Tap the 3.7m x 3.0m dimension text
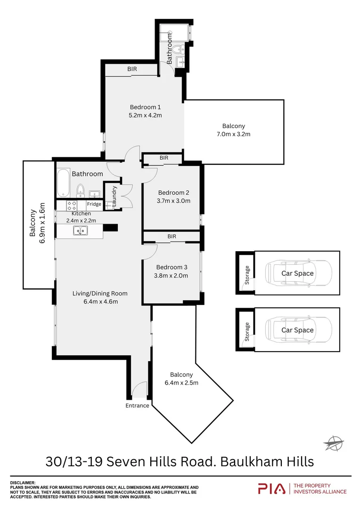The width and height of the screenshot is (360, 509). pyautogui.click(x=174, y=201)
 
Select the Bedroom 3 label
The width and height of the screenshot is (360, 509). pyautogui.click(x=172, y=267)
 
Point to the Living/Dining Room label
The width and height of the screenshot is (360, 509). pyautogui.click(x=99, y=293)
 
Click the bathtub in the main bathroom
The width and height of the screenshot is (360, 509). pyautogui.click(x=63, y=183)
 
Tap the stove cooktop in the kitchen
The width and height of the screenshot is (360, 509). pyautogui.click(x=72, y=205)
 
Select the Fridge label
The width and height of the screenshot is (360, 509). pyautogui.click(x=94, y=204)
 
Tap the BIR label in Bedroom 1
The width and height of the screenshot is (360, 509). pyautogui.click(x=132, y=69)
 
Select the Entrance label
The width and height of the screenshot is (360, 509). pyautogui.click(x=137, y=405)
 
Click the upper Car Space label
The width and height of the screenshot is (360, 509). pyautogui.click(x=297, y=273)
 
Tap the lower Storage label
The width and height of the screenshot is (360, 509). pyautogui.click(x=247, y=332)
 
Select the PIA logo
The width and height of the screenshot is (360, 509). pyautogui.click(x=271, y=489)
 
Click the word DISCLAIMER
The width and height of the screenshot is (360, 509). pyautogui.click(x=23, y=483)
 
